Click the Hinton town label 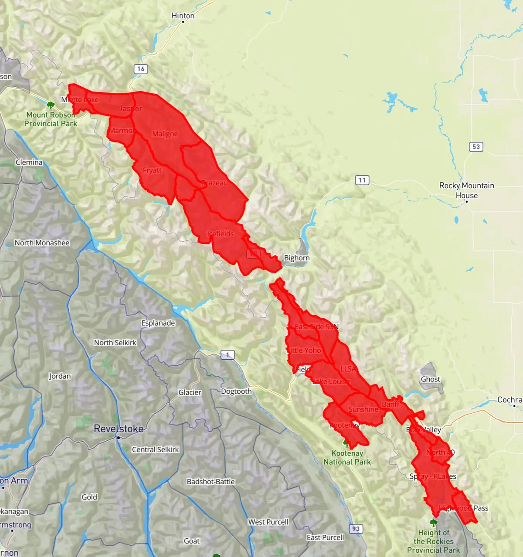pyautogui.click(x=183, y=16)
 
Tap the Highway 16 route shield pyautogui.click(x=140, y=69)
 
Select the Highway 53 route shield pyautogui.click(x=476, y=147)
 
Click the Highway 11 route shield pyautogui.click(x=362, y=180)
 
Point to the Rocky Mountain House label pyautogui.click(x=466, y=190)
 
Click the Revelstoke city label pyautogui.click(x=119, y=429)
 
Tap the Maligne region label pyautogui.click(x=165, y=134)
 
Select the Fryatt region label pyautogui.click(x=152, y=170)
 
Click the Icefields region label pyautogui.click(x=220, y=234)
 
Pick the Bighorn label pyautogui.click(x=296, y=258)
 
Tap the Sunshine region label pyautogui.click(x=363, y=409)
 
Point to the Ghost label pyautogui.click(x=430, y=379)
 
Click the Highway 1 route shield pyautogui.click(x=228, y=355)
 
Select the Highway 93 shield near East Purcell pyautogui.click(x=356, y=529)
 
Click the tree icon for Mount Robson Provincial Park pyautogui.click(x=51, y=105)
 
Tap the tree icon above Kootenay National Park pyautogui.click(x=346, y=444)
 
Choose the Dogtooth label pyautogui.click(x=236, y=391)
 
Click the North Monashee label pyautogui.click(x=42, y=243)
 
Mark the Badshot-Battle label pyautogui.click(x=211, y=482)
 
